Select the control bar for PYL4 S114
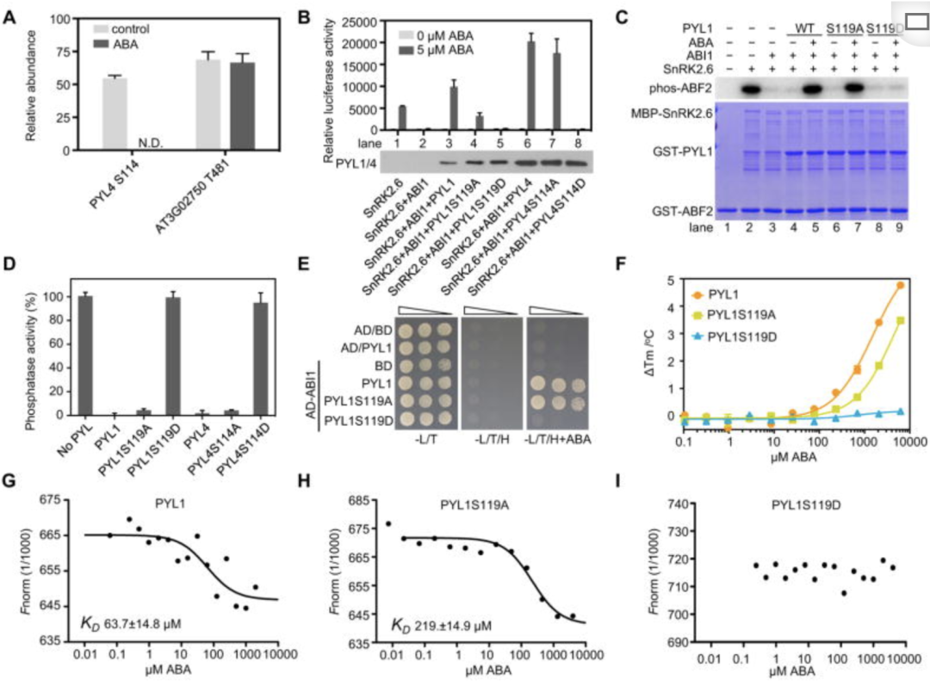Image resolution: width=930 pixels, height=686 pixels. pos(115,114)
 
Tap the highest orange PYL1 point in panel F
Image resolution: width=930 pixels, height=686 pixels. pos(900,285)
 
